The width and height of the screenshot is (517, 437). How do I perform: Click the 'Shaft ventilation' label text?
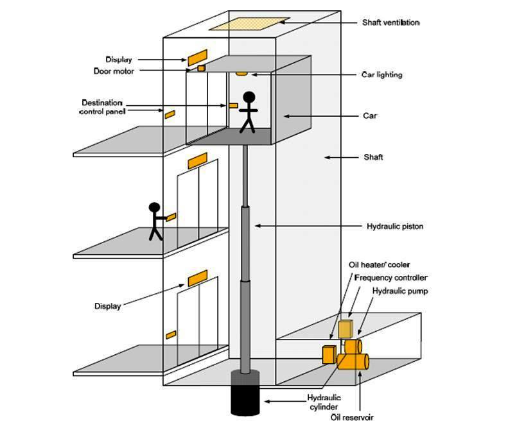pos(390,22)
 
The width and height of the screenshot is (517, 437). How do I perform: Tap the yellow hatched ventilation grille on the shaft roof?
pos(247,24)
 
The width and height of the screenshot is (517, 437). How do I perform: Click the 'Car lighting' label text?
pos(381,75)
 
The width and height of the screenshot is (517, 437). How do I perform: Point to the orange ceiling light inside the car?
pos(241,74)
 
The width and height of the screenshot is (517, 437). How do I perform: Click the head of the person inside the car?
pos(249,98)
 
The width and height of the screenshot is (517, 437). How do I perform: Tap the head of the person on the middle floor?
pos(154,207)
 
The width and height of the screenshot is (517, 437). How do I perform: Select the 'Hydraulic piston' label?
pos(394,227)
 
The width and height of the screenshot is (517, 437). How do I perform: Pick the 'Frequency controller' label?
pos(390,278)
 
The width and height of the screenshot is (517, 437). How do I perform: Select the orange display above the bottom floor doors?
pos(197,278)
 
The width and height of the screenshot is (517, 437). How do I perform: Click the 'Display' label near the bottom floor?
pos(107,306)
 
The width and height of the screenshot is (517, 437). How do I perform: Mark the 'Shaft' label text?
pos(372,157)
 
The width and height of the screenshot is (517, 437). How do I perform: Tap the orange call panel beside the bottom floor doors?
pos(171,335)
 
